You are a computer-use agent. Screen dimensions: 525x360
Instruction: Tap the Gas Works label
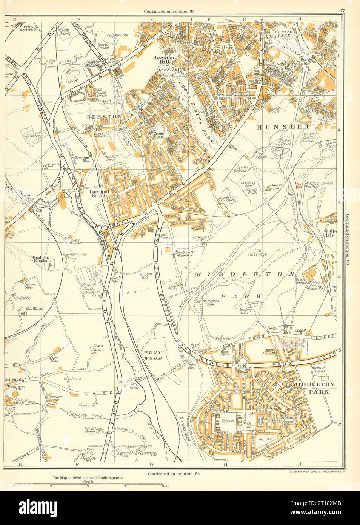[34, 309]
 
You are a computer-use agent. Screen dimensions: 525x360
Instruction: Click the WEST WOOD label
[153, 355]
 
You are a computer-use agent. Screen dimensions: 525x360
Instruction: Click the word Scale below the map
[89, 482]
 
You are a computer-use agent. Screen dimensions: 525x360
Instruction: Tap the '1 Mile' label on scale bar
[164, 486]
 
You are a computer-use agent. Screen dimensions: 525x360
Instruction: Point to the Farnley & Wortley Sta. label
[29, 28]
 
